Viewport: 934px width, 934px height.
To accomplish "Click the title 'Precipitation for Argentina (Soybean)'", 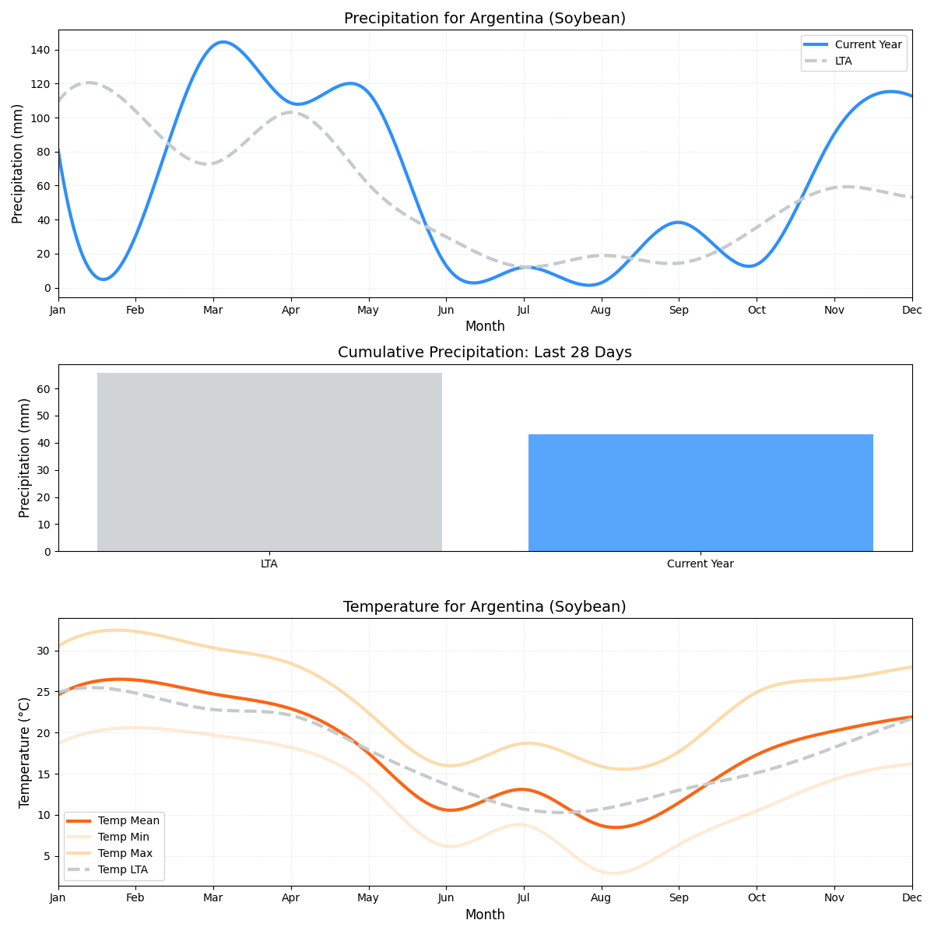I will point(484,18).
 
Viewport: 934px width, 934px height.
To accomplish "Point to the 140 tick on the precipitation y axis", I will point(40,50).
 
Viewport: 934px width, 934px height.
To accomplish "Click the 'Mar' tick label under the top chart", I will point(213,310).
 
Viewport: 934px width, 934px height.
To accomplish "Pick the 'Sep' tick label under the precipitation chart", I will point(679,310).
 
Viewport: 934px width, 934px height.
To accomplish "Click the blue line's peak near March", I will point(223,42).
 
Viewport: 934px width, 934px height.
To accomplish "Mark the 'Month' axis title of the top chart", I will point(484,326).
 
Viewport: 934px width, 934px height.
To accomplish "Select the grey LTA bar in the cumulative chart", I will point(269,462).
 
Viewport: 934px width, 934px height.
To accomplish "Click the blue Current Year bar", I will point(700,493).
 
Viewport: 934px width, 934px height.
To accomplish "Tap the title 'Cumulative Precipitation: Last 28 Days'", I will point(484,353).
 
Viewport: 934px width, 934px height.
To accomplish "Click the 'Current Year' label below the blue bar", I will point(700,564).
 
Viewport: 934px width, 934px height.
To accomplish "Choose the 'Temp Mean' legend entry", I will point(128,820).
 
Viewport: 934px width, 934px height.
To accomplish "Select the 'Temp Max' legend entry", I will point(125,853).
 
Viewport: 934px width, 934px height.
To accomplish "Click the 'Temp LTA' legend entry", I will point(122,869).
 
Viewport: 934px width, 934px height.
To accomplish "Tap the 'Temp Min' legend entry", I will point(123,837).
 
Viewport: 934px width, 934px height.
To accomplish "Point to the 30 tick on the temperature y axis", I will point(44,651).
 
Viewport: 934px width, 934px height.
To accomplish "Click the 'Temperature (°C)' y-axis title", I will point(24,752).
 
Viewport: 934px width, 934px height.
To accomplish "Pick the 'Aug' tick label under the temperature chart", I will point(601,898).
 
